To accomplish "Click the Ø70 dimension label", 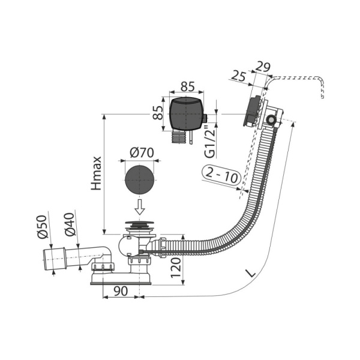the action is pyautogui.click(x=142, y=152).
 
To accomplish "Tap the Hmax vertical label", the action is pyautogui.click(x=96, y=173).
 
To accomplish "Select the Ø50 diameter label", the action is pyautogui.click(x=42, y=227).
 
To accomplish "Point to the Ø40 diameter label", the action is pyautogui.click(x=70, y=225).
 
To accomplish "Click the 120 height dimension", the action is pyautogui.click(x=176, y=268).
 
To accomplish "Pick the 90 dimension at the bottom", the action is pyautogui.click(x=121, y=292).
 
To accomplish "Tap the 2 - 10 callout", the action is pyautogui.click(x=221, y=175).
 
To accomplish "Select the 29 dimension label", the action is pyautogui.click(x=263, y=67).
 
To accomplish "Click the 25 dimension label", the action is pyautogui.click(x=239, y=76).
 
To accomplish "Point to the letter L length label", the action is pyautogui.click(x=251, y=273).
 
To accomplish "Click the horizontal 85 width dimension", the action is pyautogui.click(x=187, y=87).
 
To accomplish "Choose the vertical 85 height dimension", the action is pyautogui.click(x=158, y=113).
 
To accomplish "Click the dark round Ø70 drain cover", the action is pyautogui.click(x=139, y=179).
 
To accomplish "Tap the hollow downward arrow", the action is pyautogui.click(x=140, y=207).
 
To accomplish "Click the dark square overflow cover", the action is pyautogui.click(x=187, y=114).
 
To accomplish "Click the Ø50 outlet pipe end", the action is pyautogui.click(x=55, y=259).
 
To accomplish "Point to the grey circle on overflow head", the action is pyautogui.click(x=271, y=119).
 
